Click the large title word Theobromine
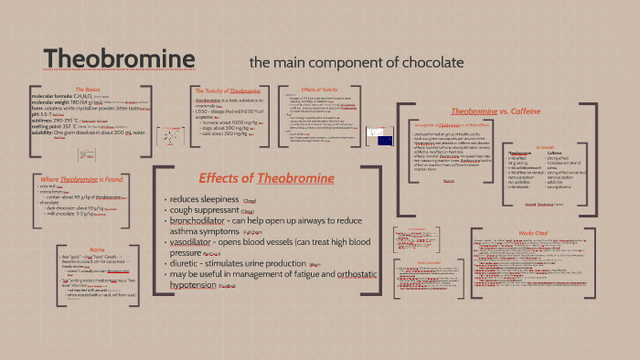[120, 59]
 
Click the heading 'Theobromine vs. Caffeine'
[508, 111]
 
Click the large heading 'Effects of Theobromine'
[266, 177]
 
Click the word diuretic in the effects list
[181, 265]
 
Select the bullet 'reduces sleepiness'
[201, 199]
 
